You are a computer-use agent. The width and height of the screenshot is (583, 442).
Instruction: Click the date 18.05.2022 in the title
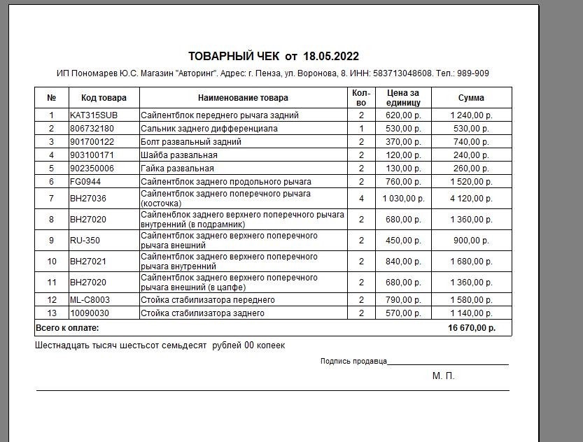331,56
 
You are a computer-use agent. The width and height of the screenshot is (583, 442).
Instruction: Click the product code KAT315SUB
94,115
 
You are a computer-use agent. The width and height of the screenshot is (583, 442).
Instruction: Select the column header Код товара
104,98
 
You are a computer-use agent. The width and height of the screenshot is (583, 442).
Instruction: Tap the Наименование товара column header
243,98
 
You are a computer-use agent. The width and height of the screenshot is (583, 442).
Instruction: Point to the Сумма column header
471,98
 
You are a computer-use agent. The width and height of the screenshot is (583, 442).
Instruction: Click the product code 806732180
92,129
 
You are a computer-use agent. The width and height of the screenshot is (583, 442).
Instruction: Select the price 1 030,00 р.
403,199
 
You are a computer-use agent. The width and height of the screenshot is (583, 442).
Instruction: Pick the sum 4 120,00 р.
471,199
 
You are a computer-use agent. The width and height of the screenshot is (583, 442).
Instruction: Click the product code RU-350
84,241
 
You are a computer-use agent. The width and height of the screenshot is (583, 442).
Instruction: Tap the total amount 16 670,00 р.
472,328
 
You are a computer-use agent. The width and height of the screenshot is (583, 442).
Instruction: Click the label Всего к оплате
67,328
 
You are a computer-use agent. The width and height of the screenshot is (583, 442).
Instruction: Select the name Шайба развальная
179,155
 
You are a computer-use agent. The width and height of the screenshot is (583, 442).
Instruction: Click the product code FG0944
85,182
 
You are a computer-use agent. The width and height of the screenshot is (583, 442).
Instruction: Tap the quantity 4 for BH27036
361,199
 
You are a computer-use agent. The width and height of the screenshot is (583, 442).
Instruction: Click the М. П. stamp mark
443,376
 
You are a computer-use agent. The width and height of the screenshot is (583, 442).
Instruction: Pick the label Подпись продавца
353,362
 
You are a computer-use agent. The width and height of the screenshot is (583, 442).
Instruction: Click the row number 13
51,313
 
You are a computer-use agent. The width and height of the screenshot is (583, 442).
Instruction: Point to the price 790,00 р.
403,300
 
